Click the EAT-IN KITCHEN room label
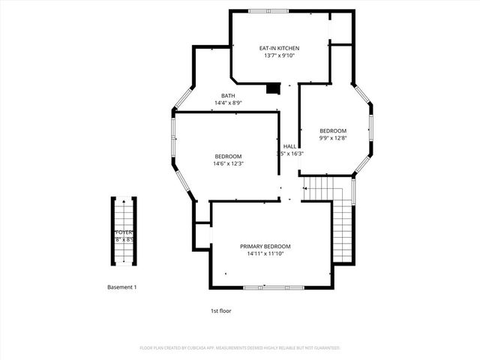tap(279, 48)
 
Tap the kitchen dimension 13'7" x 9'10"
tap(279, 55)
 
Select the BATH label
tap(227, 95)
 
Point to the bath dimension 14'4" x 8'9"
tap(227, 103)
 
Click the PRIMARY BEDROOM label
tap(265, 246)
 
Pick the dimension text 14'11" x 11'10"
tap(265, 253)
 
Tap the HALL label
tap(289, 146)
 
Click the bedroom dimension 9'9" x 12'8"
tap(332, 138)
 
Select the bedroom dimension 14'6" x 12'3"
tap(229, 163)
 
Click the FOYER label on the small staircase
tap(124, 232)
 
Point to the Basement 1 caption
tap(121, 287)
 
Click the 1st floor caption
tap(220, 310)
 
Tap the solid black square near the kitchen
tap(273, 88)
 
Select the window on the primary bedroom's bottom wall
tap(274, 288)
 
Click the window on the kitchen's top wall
tap(268, 10)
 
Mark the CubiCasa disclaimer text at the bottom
tap(240, 348)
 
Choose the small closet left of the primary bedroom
tap(202, 235)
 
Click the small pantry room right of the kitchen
tap(341, 28)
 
